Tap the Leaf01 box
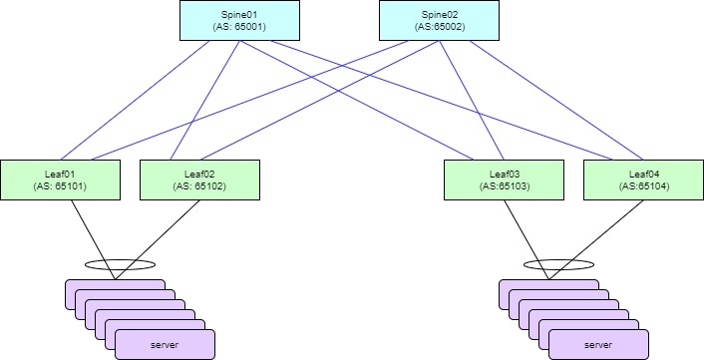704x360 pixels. pos(61,178)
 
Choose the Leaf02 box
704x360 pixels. pos(200,178)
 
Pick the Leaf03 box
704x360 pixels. pos(503,178)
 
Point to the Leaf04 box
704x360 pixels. pos(642,178)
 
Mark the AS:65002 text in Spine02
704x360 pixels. pos(439,27)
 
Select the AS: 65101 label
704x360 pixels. pos(61,185)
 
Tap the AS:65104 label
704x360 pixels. pos(642,185)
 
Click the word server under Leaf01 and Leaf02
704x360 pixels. pos(165,345)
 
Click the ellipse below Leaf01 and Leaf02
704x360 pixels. pos(120,264)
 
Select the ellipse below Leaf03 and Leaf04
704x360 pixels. pos(560,264)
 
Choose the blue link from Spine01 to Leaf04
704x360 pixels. pos(439,100)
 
